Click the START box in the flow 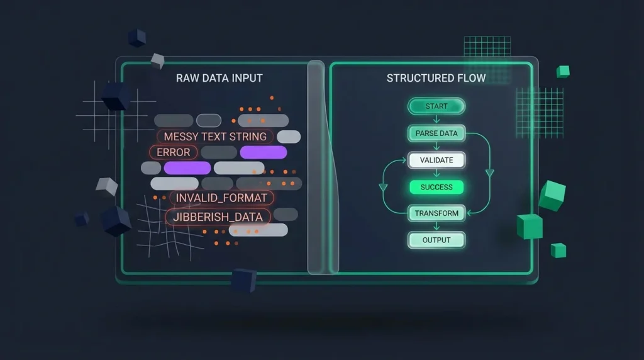point(436,106)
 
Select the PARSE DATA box point(436,133)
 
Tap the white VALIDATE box point(436,160)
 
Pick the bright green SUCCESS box point(436,187)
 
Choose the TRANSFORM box point(436,213)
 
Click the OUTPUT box point(436,240)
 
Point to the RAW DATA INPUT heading point(219,79)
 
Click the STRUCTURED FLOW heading point(436,79)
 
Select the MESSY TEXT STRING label point(215,137)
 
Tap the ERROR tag point(173,152)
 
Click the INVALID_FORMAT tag point(221,198)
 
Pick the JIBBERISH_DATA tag point(218,217)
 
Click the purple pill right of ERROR point(263,152)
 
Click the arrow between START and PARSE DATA point(436,120)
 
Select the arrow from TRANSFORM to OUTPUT point(436,227)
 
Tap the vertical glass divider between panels point(323,167)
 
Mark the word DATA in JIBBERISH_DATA point(250,217)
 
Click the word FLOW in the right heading point(470,79)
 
